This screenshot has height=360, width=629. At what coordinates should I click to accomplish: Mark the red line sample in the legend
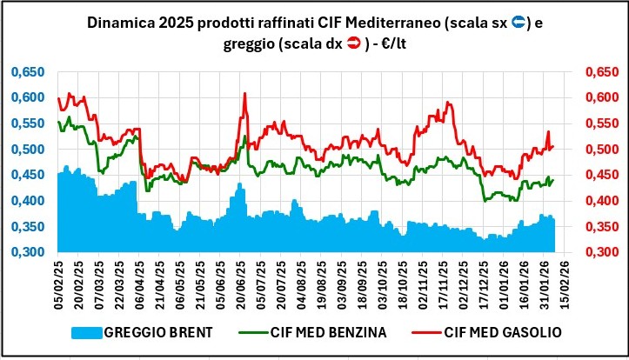[x=431, y=333]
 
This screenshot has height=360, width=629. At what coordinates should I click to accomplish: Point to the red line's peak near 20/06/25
[x=244, y=93]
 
